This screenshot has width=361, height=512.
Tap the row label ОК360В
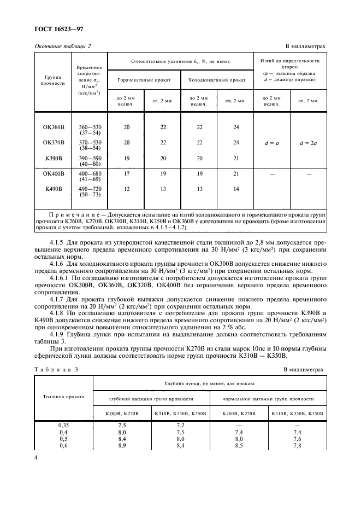pyautogui.click(x=54, y=127)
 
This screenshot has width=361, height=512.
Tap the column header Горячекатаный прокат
pyautogui.click(x=144, y=80)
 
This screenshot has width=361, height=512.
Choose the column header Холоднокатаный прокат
pyautogui.click(x=216, y=80)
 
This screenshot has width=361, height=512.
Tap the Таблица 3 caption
pyautogui.click(x=56, y=369)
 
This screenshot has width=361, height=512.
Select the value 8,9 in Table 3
pyautogui.click(x=123, y=446)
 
